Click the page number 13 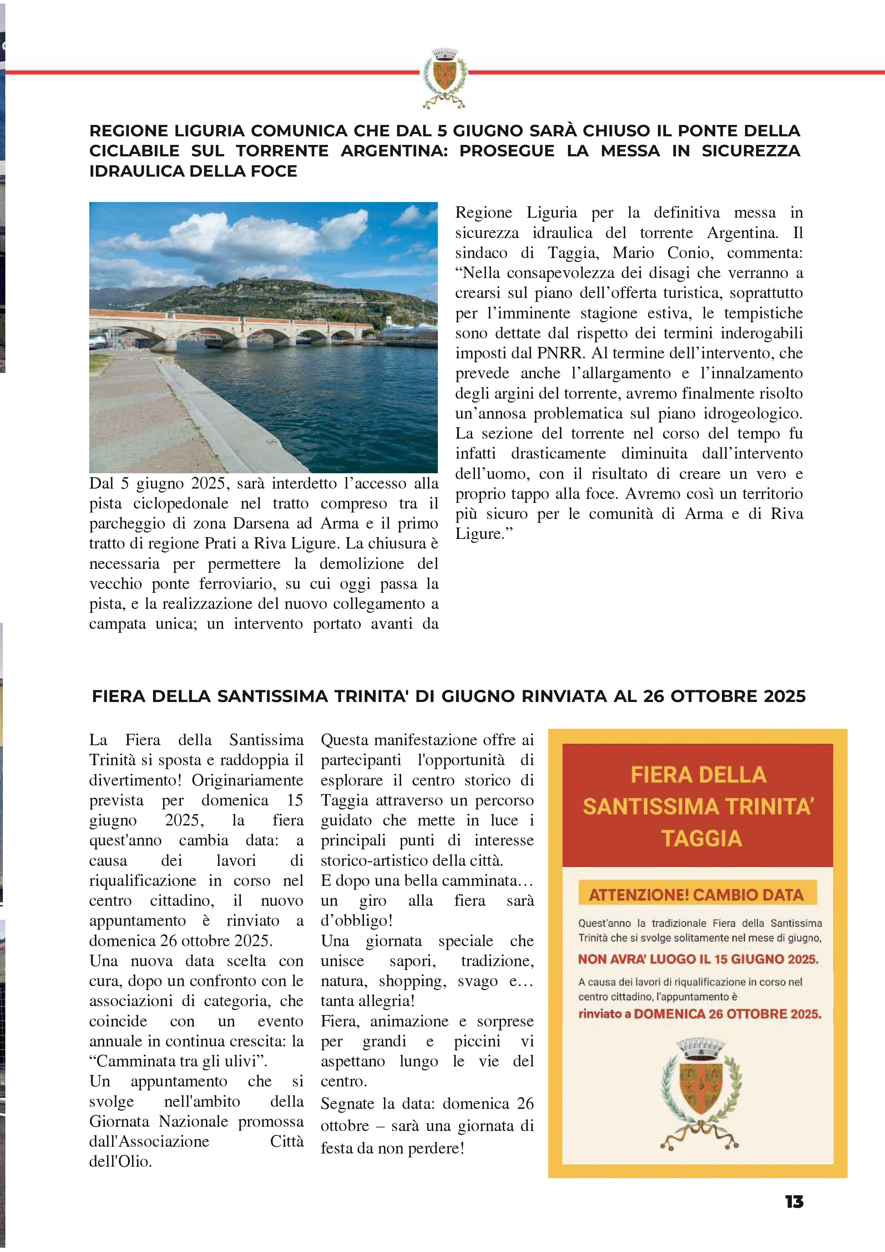tap(794, 1202)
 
